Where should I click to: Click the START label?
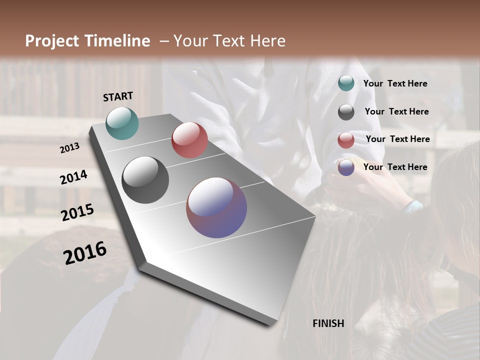(x=118, y=96)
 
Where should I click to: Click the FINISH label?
(x=328, y=323)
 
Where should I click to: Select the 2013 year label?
(x=69, y=148)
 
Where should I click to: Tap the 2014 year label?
(x=73, y=177)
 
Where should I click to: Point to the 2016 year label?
(x=85, y=253)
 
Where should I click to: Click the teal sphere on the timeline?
(x=122, y=123)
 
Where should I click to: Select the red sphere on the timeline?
(x=189, y=140)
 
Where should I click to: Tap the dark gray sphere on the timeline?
(x=145, y=180)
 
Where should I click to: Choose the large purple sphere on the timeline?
(x=216, y=207)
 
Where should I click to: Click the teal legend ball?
(x=346, y=83)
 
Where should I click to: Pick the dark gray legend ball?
(x=346, y=112)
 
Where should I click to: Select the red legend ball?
(x=346, y=140)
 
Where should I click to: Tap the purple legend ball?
(x=346, y=167)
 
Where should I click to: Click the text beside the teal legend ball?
(x=395, y=84)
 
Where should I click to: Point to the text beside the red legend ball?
(x=397, y=139)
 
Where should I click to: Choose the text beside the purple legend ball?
(x=395, y=167)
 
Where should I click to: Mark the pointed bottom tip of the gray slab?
(x=273, y=325)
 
